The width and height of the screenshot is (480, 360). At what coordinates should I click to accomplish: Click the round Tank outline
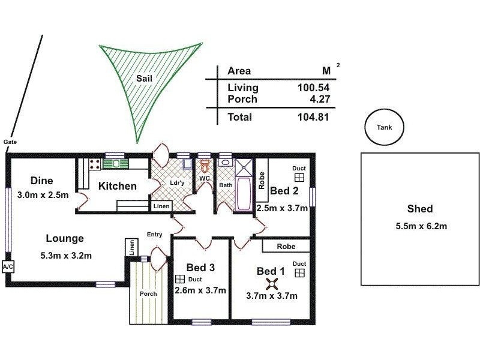point(365,127)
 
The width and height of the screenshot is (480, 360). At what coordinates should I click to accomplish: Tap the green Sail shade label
point(144,79)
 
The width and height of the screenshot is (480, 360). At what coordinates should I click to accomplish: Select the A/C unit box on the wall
point(8,267)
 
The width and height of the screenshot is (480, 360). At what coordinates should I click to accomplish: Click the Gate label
point(10,142)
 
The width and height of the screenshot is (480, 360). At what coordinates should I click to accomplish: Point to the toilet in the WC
point(205,166)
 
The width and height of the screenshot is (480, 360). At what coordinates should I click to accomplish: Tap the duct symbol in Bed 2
point(299,178)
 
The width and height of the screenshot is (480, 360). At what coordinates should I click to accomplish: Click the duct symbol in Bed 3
point(180,279)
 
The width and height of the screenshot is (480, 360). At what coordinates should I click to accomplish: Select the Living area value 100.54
point(313,88)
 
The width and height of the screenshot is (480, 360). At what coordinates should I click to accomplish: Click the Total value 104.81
point(313,117)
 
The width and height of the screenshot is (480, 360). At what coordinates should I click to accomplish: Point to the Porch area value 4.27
point(320,99)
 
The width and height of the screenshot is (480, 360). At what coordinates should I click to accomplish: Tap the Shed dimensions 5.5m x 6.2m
point(421,226)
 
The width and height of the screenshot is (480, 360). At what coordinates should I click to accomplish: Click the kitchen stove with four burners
point(95,164)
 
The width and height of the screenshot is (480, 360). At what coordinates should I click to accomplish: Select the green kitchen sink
point(115,163)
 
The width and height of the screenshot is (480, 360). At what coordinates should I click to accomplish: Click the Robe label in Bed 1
point(286,247)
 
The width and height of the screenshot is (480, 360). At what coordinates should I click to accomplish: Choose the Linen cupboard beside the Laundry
point(161,206)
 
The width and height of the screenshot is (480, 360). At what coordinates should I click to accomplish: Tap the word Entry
point(155,234)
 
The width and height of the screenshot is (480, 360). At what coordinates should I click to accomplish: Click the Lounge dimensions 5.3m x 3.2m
point(66,256)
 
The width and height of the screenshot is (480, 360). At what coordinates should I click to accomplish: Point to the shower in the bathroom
point(244,167)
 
